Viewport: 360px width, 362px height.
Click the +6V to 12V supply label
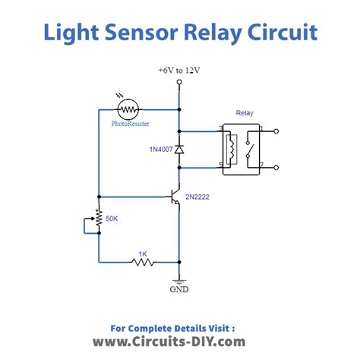179,70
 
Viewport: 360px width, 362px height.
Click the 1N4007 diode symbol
180,150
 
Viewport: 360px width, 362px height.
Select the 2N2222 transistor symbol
175,199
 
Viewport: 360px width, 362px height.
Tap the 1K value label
142,252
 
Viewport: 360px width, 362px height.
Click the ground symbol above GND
180,279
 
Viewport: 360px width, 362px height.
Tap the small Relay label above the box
245,113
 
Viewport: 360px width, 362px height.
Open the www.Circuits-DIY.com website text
169,342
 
